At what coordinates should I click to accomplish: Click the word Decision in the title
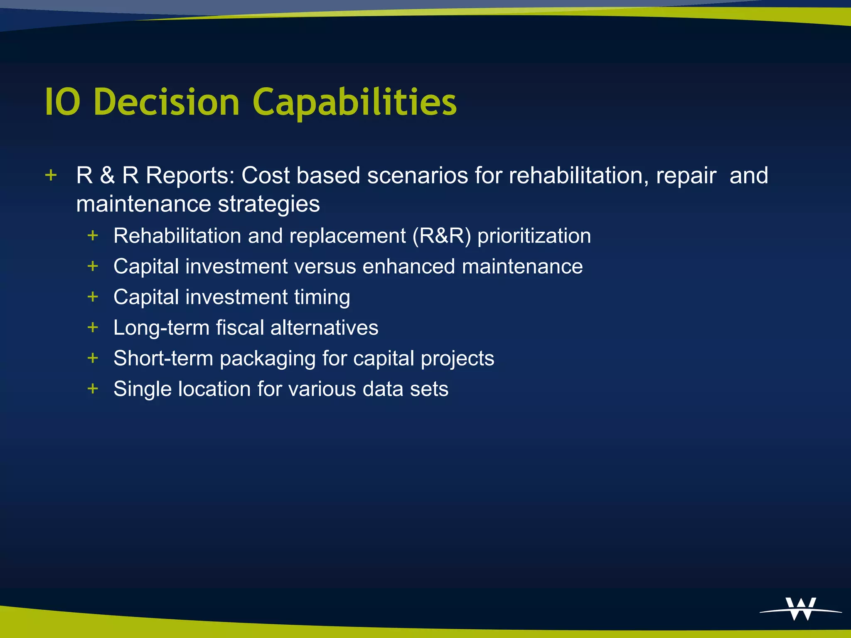coord(166,102)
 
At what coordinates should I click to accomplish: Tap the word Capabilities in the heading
coord(354,103)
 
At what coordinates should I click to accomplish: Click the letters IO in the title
coord(62,102)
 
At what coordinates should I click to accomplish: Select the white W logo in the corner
coord(801,609)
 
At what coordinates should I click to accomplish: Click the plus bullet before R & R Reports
coord(51,175)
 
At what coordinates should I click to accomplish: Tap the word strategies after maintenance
coord(269,204)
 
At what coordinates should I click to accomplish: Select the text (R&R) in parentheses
coord(442,236)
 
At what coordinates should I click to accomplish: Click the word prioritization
coord(534,236)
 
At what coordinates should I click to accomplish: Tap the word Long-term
coord(161,328)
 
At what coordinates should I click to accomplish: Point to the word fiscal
coord(240,328)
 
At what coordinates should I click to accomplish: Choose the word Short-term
coord(163,358)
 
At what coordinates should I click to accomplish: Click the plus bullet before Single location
coord(93,389)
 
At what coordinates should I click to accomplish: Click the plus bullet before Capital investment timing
coord(93,297)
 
